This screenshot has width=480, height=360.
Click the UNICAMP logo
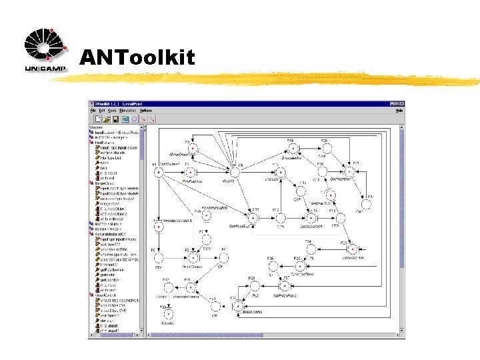coord(46,51)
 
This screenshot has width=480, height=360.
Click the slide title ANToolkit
coord(137,58)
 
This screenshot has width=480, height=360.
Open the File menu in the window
coord(93,110)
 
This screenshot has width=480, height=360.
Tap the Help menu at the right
coord(399,110)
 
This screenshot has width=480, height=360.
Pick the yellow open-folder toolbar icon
coord(106,119)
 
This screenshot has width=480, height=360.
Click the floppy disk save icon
coord(115,119)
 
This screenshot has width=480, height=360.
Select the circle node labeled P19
coord(291,149)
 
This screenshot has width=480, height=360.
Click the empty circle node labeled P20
coord(325,149)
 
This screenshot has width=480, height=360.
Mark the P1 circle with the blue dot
coord(159,172)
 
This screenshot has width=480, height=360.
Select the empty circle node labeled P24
coord(311,249)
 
